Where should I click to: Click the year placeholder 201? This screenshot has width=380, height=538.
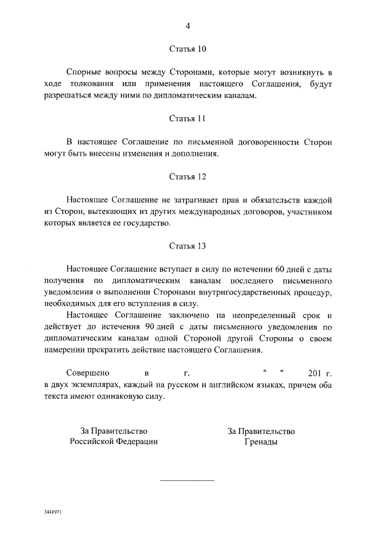tap(316, 373)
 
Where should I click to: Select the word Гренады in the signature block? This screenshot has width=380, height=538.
tap(261, 442)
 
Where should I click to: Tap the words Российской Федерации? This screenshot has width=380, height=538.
tap(114, 442)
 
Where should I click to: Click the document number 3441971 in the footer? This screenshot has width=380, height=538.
tap(52, 512)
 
